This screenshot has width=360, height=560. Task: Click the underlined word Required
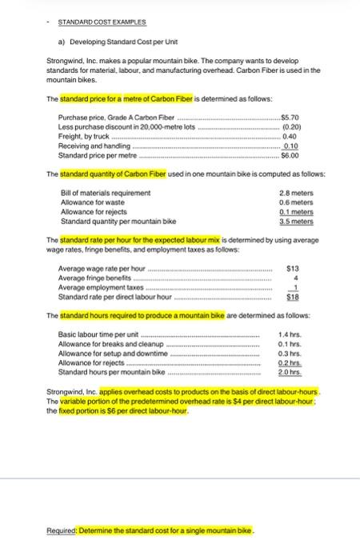pyautogui.click(x=62, y=531)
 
